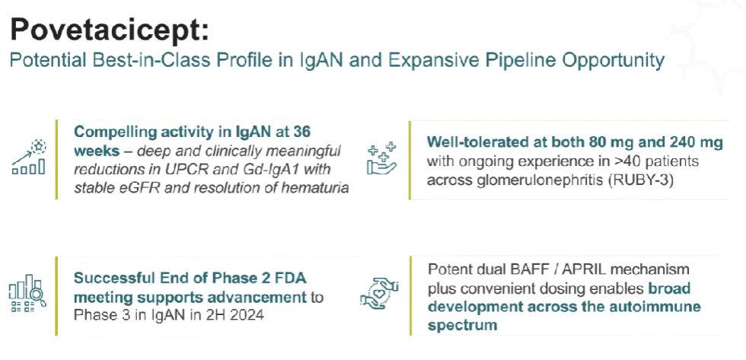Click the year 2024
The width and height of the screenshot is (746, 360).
pos(245,314)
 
